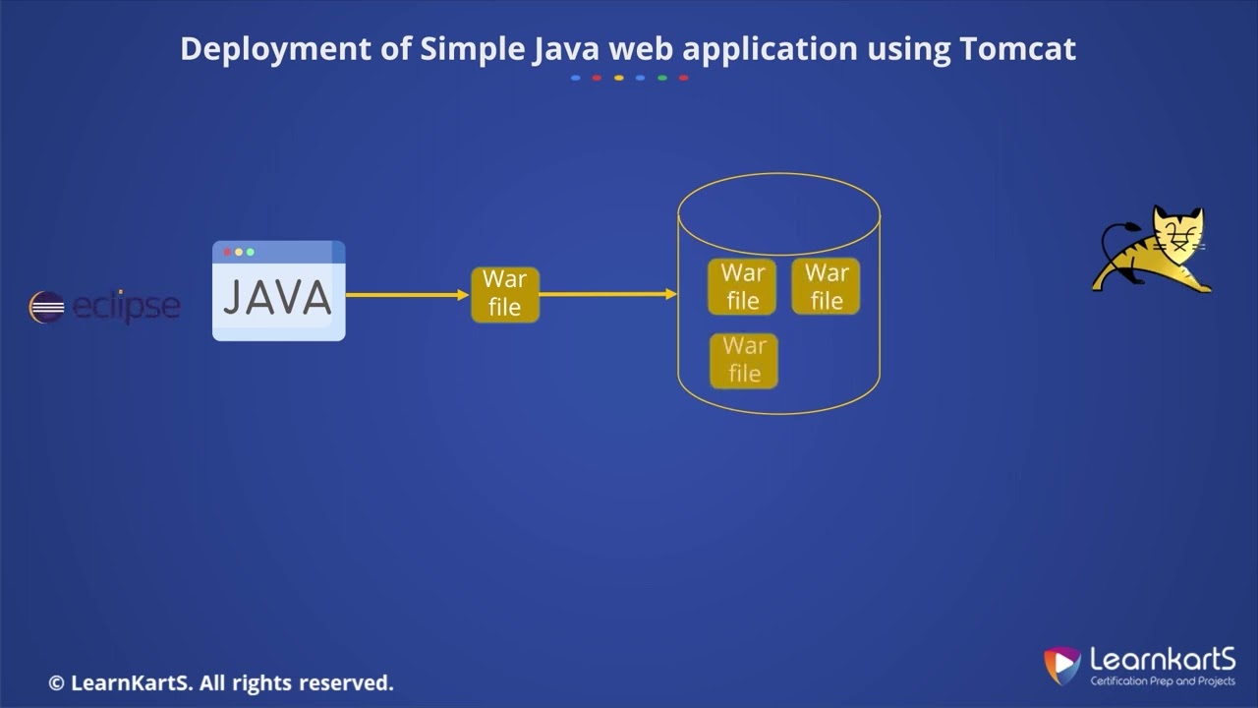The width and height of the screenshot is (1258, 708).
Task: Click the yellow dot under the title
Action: pos(618,78)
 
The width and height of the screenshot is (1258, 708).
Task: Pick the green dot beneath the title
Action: pos(662,78)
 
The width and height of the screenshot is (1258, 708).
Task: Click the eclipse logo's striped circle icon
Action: pos(46,308)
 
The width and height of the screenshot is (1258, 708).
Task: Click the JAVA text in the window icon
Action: pos(278,299)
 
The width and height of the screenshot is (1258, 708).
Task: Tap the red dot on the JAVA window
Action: pos(227,253)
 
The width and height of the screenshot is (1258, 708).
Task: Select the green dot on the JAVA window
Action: pos(250,253)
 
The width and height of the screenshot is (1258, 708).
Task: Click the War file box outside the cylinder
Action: pos(504,294)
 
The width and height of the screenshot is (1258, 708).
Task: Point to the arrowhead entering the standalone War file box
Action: pos(463,294)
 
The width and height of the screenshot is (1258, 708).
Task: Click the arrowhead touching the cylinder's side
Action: pos(671,294)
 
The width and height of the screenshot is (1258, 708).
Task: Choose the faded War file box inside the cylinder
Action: pos(743,360)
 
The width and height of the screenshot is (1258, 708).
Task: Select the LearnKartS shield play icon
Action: pos(1061,665)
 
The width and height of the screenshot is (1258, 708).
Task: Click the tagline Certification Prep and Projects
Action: pos(1163,680)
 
